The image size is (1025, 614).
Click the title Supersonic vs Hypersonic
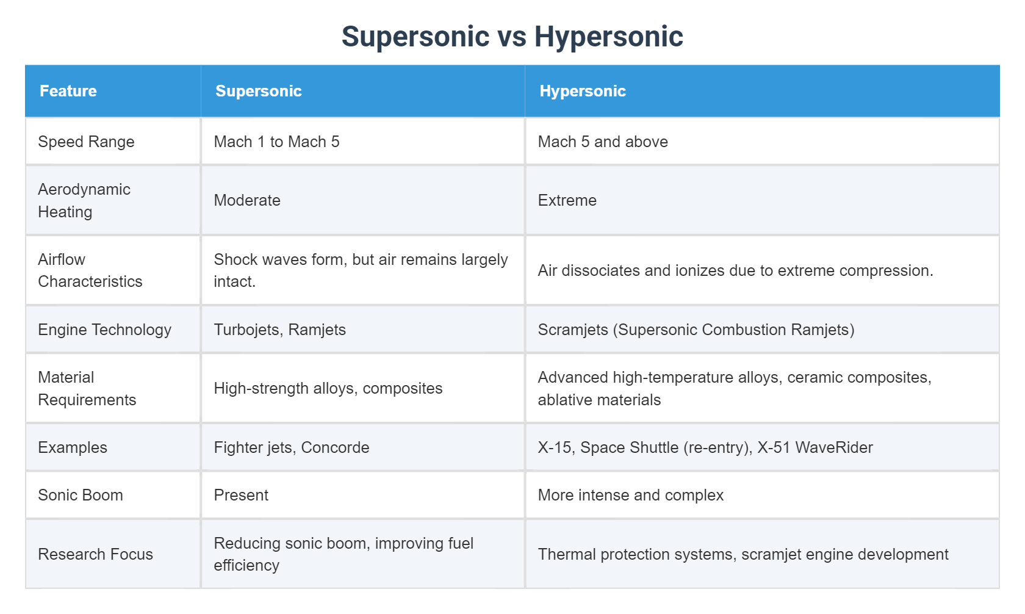coord(512,37)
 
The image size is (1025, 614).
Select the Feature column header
coord(68,91)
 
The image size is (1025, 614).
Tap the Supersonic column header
coord(259,91)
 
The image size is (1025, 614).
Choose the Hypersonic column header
coord(583,91)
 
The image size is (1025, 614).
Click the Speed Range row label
coord(86,142)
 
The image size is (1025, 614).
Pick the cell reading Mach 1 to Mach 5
coord(276,142)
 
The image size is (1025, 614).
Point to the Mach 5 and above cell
coord(603,142)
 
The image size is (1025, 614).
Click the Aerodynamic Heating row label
coord(84,200)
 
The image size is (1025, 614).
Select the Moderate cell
coord(247,200)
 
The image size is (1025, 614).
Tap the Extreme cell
coord(567,200)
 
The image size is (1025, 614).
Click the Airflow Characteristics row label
coord(90,270)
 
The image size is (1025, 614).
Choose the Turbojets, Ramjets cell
coord(279,330)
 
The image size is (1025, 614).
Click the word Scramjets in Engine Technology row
coord(573,330)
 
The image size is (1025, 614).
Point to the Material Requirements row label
coord(87,388)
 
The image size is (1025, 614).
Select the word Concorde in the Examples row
coord(335,447)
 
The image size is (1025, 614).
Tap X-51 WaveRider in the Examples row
coord(815,447)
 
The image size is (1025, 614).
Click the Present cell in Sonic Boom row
coord(241,495)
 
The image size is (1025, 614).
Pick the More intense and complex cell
coord(630,495)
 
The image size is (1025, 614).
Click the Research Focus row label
coord(95,554)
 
